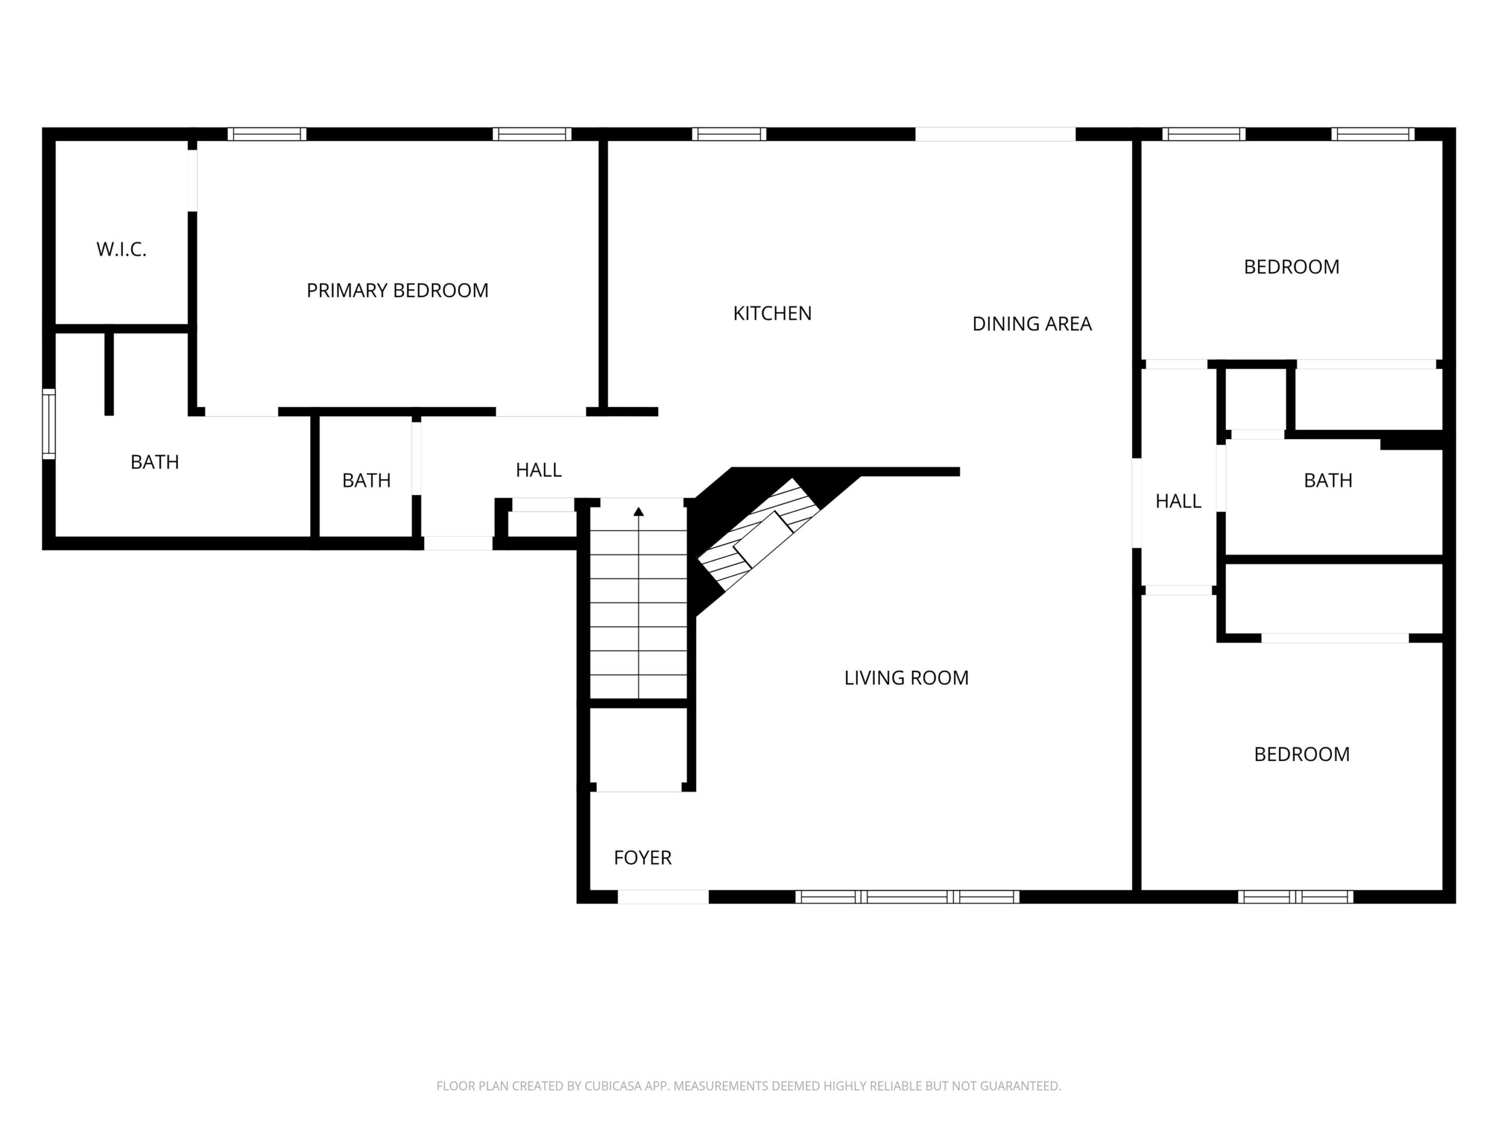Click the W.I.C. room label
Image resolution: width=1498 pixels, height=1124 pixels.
pyautogui.click(x=121, y=249)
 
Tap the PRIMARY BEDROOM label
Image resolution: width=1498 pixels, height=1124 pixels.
pyautogui.click(x=397, y=290)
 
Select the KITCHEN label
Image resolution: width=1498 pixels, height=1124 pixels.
pyautogui.click(x=772, y=313)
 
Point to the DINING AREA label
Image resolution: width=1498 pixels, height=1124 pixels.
pyautogui.click(x=1032, y=324)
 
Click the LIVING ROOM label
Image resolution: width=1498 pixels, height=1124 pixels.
pyautogui.click(x=906, y=677)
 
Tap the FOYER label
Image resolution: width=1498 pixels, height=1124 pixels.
pyautogui.click(x=643, y=858)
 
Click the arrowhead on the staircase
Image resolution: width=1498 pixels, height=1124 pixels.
pyautogui.click(x=638, y=512)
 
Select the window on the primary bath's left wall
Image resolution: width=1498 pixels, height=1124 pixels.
pyautogui.click(x=49, y=424)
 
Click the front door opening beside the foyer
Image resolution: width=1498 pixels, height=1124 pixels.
pyautogui.click(x=663, y=896)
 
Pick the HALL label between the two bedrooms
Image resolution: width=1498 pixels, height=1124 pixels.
pyautogui.click(x=1179, y=501)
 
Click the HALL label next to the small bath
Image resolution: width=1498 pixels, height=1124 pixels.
pyautogui.click(x=538, y=470)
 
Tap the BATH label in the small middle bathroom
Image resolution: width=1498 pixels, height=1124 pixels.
pyautogui.click(x=366, y=481)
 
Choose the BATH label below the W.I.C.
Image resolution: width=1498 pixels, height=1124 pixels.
pyautogui.click(x=154, y=462)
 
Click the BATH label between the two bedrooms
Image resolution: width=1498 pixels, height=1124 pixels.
pyautogui.click(x=1328, y=481)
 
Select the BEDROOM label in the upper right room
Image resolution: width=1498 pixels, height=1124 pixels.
pyautogui.click(x=1291, y=267)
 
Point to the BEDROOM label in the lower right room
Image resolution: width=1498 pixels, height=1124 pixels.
pyautogui.click(x=1301, y=754)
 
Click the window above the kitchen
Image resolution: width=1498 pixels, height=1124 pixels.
pyautogui.click(x=729, y=134)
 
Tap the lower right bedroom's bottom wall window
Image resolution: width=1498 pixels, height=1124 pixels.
pyautogui.click(x=1296, y=897)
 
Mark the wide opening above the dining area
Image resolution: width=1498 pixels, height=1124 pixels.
pyautogui.click(x=995, y=134)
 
